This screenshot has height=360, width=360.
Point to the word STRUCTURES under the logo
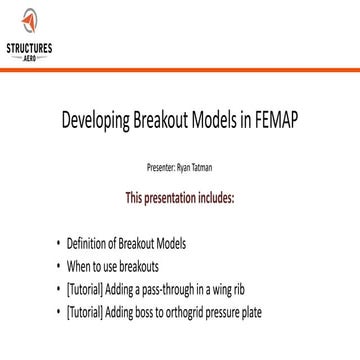29,47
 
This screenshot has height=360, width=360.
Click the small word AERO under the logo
29,57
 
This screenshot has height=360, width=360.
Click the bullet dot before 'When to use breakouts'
57,266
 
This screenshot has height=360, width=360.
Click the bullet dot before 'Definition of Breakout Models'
57,244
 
